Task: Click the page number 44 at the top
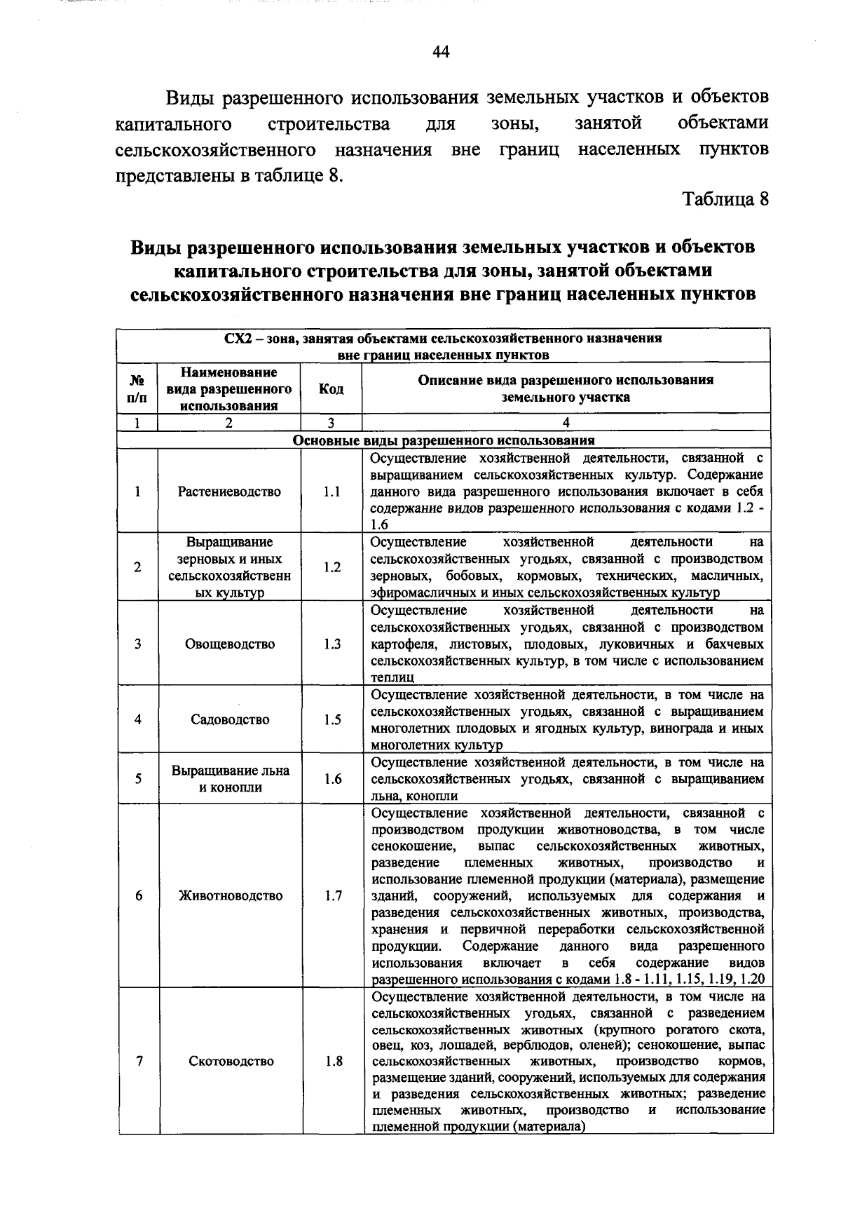pos(441,52)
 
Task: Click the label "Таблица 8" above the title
pos(727,199)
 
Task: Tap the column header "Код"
pos(331,388)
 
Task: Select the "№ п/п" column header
pos(138,388)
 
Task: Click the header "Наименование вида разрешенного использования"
pos(229,388)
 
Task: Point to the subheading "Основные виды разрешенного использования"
pos(443,440)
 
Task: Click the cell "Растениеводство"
pos(229,492)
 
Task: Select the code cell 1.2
pos(332,567)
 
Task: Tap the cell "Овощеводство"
pos(230,644)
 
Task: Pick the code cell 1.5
pos(332,719)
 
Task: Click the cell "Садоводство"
pos(230,719)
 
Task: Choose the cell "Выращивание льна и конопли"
pos(230,778)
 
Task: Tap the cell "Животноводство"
pos(231,895)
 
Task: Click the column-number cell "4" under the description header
pos(566,423)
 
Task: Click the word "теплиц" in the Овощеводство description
pos(392,677)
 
